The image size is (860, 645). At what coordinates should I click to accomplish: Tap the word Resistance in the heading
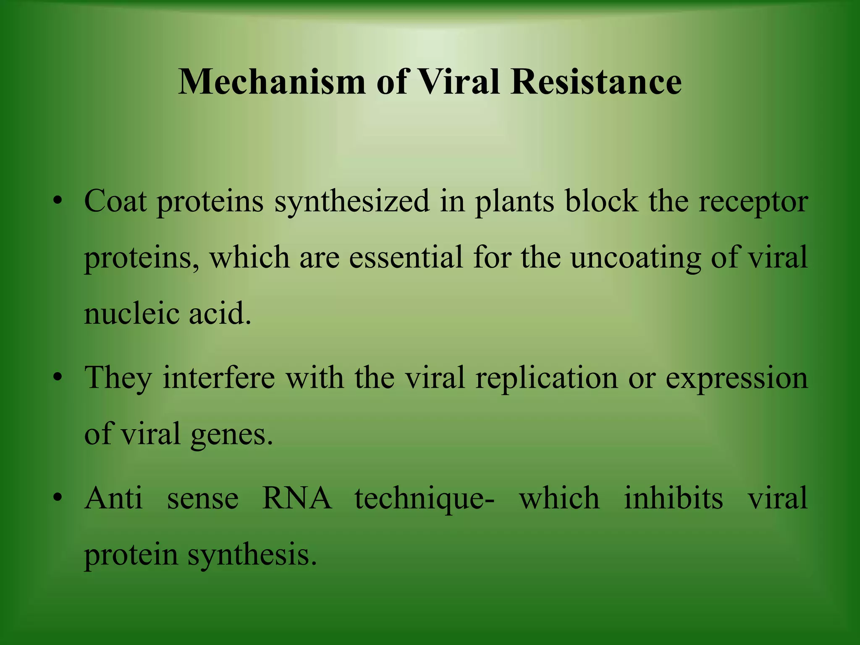pos(596,82)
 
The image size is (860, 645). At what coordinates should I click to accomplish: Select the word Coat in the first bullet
pos(115,201)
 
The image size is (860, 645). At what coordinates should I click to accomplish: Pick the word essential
pos(406,257)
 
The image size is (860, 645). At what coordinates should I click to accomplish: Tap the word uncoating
pos(635,258)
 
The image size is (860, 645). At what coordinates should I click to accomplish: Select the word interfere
pos(219,378)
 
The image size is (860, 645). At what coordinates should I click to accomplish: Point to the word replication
pos(546,378)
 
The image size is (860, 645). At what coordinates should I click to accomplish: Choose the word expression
pos(737,378)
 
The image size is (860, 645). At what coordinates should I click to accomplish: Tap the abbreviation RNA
pos(297,498)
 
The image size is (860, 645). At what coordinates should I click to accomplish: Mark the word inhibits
pos(674,498)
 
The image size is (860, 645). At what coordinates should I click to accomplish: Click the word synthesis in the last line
pos(252,555)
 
